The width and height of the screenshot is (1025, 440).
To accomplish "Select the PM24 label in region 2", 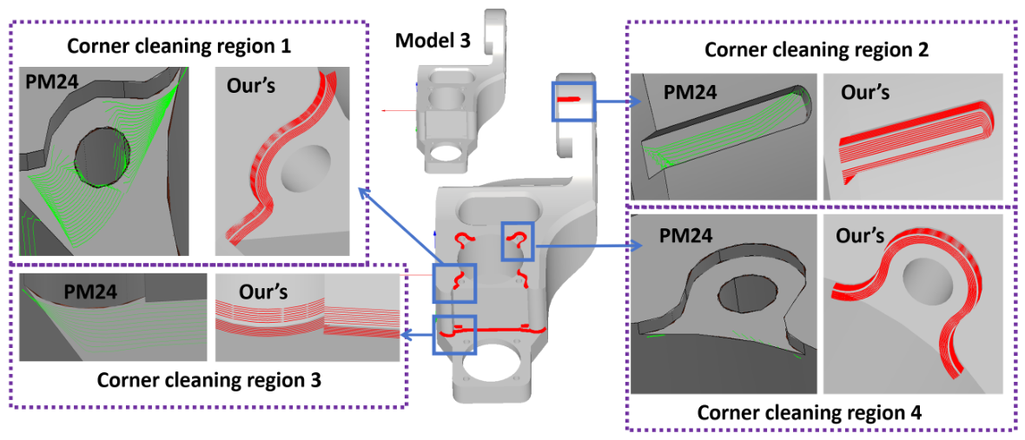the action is [x=692, y=94].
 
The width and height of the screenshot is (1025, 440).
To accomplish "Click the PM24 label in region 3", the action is [x=92, y=288].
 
